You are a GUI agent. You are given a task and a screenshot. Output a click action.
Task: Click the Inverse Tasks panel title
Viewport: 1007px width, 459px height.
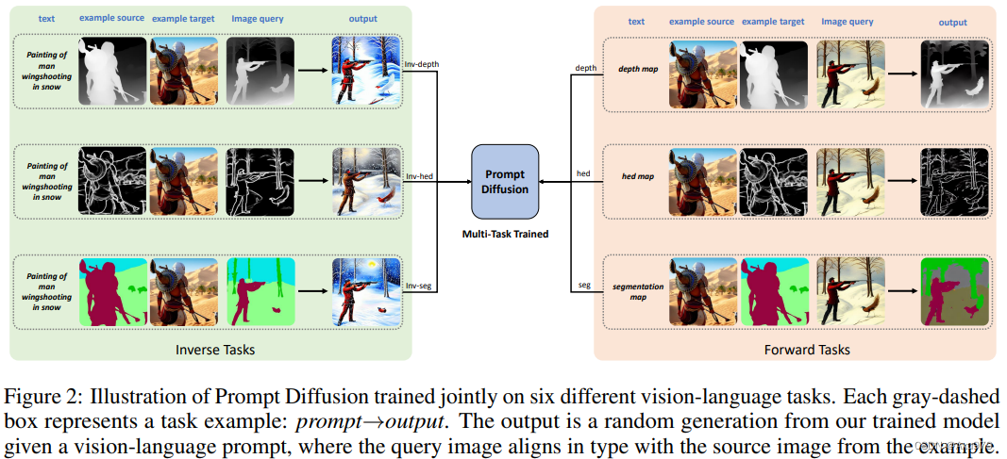click(x=215, y=350)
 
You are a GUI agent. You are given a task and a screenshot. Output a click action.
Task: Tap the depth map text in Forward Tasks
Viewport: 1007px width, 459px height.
click(x=637, y=69)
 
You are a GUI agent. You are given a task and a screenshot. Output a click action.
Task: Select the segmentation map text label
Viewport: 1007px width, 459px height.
click(x=637, y=291)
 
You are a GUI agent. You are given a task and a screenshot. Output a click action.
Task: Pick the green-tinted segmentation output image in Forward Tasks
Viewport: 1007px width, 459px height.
click(x=953, y=290)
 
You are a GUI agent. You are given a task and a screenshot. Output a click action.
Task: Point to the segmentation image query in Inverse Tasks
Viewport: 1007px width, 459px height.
click(x=260, y=290)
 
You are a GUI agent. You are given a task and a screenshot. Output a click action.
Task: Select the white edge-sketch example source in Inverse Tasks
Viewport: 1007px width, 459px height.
click(x=112, y=180)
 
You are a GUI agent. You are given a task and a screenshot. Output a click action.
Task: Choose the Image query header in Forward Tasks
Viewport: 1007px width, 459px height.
click(x=847, y=21)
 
